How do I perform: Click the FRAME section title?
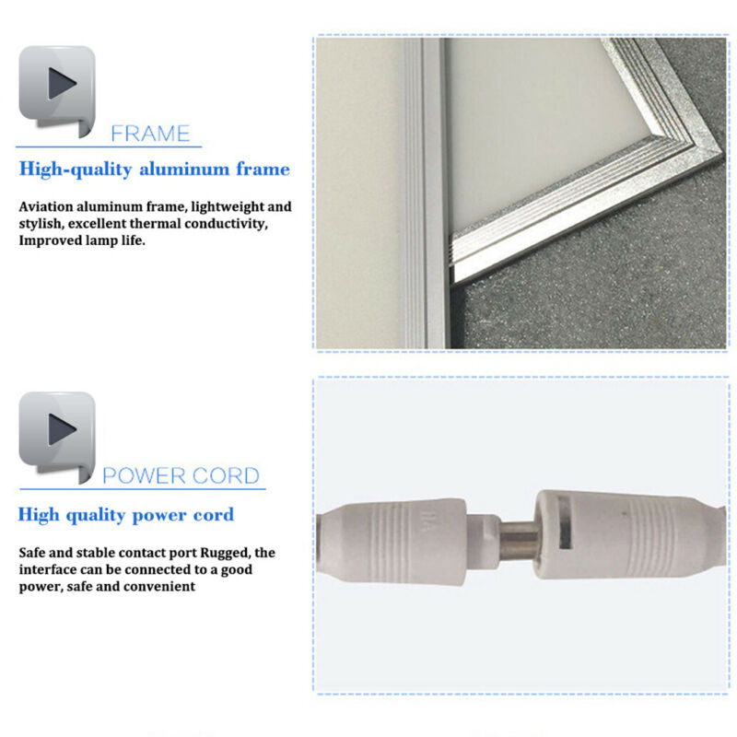150,134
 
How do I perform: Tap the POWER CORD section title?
181,475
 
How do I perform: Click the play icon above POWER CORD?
57,437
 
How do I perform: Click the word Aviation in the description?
46,206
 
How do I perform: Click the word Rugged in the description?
225,554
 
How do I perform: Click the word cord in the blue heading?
214,515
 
